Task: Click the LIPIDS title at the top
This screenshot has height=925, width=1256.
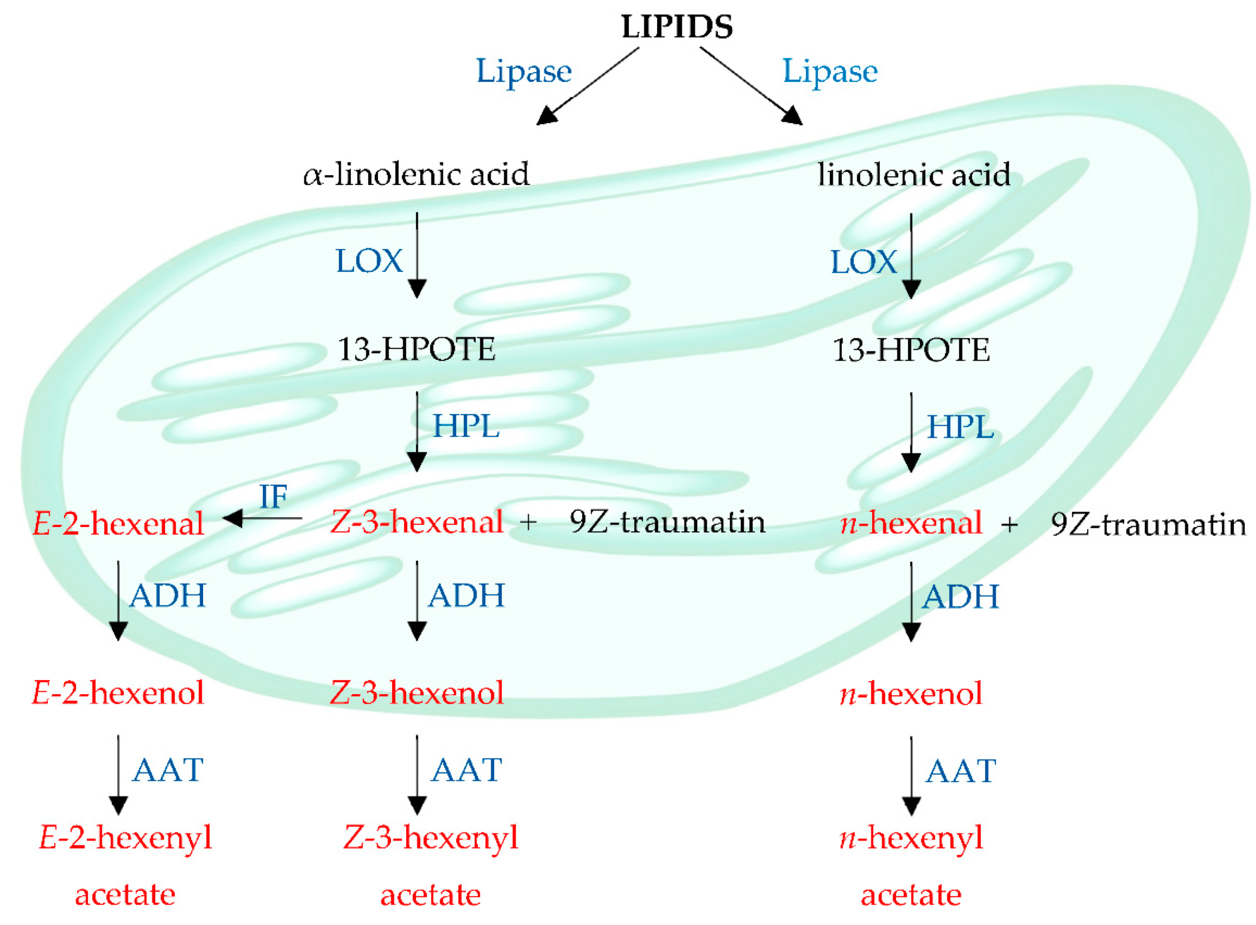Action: click(676, 26)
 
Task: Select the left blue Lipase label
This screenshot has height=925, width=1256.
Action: click(523, 72)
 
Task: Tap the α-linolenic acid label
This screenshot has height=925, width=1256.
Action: click(416, 174)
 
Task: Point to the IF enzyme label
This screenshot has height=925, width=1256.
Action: click(273, 496)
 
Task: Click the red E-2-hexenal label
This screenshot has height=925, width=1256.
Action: click(118, 524)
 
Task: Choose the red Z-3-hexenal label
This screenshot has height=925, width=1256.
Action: click(416, 522)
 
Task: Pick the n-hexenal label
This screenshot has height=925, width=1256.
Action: click(911, 523)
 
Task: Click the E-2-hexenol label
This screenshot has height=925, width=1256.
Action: click(118, 693)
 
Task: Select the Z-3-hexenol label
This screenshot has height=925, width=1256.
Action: click(416, 693)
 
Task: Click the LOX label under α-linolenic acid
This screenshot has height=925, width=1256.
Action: click(368, 261)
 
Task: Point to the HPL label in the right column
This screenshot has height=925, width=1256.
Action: click(960, 428)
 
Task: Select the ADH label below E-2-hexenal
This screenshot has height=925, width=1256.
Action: click(167, 596)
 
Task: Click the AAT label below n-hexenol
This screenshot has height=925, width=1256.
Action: click(960, 772)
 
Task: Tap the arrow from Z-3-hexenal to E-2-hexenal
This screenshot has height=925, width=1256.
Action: click(262, 518)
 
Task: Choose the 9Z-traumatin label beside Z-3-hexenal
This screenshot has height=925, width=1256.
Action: click(667, 522)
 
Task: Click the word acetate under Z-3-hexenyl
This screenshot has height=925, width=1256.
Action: click(430, 895)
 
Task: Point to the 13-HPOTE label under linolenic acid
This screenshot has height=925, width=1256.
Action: click(911, 350)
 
